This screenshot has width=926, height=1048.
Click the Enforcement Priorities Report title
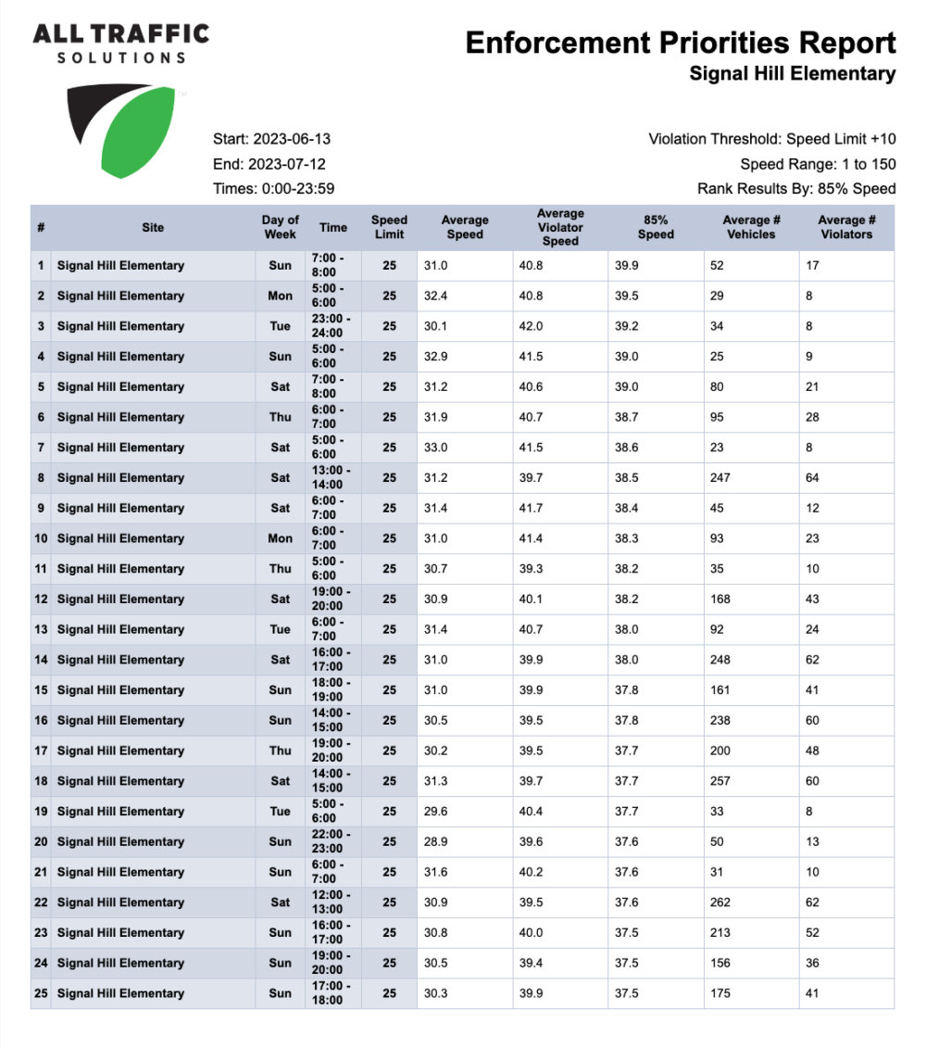coord(681,43)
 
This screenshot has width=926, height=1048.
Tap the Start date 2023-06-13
coord(271,139)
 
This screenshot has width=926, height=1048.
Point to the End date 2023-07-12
coord(269,164)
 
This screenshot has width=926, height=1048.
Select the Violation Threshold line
coord(772,139)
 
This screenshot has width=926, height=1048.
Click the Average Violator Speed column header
coord(560,227)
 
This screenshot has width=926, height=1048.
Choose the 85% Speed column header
coord(656,227)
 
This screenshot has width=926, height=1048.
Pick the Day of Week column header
coord(280,227)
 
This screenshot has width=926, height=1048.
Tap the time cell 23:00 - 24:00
coord(332,326)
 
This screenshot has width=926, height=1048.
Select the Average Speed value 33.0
coord(434,448)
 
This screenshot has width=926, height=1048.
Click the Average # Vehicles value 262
coord(720,903)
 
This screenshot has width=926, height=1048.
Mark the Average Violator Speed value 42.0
coord(530,326)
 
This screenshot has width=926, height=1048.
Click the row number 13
coord(41,630)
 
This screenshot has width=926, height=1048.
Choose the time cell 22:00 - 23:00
coord(332,842)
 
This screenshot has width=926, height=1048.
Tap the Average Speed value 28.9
coord(434,842)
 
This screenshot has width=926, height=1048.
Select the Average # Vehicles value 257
coord(720,781)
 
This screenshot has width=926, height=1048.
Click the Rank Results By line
coord(796,189)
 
